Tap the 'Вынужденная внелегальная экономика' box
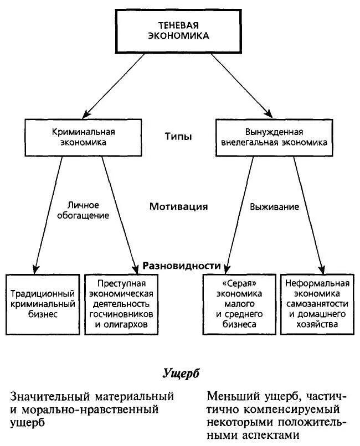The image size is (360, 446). coord(274,137)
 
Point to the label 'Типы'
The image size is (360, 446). coord(178,136)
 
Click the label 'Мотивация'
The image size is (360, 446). coord(178,206)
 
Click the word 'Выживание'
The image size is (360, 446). coord(275,207)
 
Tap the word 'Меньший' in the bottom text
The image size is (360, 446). coord(233,396)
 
